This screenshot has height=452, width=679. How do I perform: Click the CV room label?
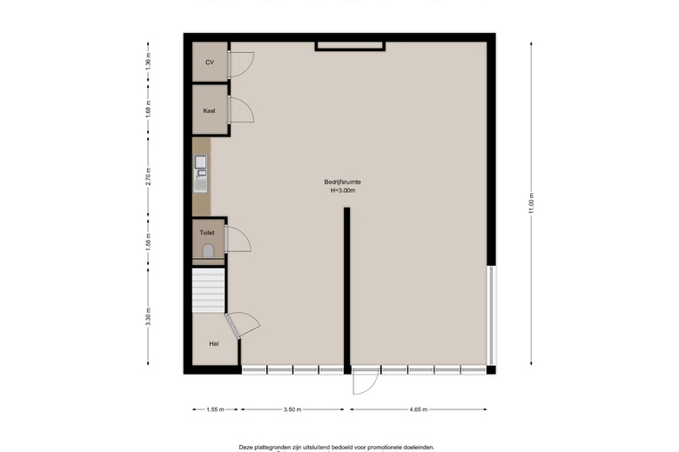click(209, 63)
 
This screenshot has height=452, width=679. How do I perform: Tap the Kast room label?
click(209, 111)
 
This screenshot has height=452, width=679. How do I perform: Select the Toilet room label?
click(207, 233)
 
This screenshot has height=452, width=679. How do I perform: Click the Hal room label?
click(213, 344)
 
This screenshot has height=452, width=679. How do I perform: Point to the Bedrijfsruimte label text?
click(342, 182)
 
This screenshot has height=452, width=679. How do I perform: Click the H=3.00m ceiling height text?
click(342, 190)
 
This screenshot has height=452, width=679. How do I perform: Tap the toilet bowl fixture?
click(207, 251)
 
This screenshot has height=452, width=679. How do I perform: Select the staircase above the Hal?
click(208, 290)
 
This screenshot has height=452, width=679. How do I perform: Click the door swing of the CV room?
click(240, 63)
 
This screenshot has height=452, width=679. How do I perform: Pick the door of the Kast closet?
click(240, 110)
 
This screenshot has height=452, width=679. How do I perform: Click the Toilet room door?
click(239, 238)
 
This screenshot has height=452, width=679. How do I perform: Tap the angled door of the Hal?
click(240, 325)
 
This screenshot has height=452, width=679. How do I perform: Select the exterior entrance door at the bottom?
click(366, 382)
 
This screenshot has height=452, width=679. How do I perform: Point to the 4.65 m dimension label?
click(423, 409)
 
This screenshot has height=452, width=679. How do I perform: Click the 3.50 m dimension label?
click(292, 409)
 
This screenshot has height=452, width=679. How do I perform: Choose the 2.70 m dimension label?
click(148, 178)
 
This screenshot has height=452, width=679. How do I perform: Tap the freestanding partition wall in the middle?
click(346, 287)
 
